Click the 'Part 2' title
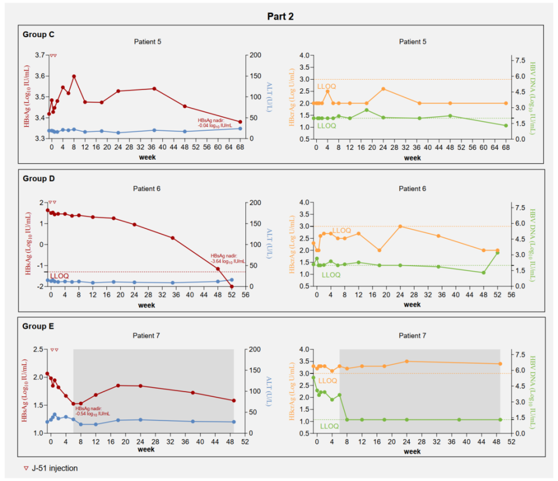point(280,16)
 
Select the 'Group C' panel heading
point(38,34)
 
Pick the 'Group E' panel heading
point(38,326)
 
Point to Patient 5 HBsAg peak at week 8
point(74,76)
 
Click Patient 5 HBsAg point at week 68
point(240,122)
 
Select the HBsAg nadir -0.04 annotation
point(215,122)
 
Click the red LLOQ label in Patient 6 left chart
point(59,276)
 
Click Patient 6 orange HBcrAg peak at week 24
point(400,227)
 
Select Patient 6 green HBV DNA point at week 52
point(498,253)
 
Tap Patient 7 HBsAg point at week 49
point(234,401)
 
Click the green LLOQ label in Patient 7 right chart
point(330,426)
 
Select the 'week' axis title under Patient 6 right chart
point(412,304)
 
